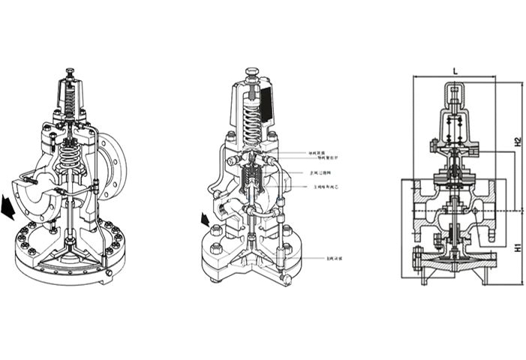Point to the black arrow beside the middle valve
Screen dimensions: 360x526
[203, 220]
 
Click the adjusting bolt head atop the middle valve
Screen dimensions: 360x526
[252, 74]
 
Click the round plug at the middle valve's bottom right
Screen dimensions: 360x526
[286, 280]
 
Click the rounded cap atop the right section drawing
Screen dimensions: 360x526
[455, 93]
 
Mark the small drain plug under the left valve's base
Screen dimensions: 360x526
[109, 273]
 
